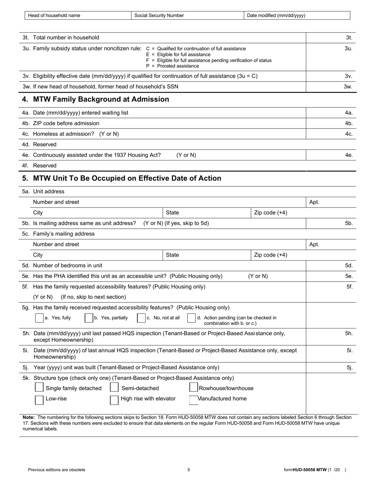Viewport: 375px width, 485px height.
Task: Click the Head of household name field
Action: [78, 15]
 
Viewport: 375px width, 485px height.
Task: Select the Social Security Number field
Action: [187, 15]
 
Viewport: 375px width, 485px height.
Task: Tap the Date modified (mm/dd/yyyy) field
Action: [297, 15]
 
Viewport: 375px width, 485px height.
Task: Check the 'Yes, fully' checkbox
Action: [39, 318]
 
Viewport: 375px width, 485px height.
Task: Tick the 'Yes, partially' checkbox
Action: [89, 318]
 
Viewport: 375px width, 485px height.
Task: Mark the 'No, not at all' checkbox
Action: [141, 318]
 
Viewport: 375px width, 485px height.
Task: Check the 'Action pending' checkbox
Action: [191, 318]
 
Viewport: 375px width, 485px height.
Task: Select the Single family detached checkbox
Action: [39, 388]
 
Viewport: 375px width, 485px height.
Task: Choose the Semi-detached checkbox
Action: [114, 388]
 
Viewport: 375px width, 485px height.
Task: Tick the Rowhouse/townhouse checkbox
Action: [194, 388]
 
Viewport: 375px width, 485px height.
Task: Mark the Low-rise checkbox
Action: [39, 400]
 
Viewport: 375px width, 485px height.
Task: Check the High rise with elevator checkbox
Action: [114, 400]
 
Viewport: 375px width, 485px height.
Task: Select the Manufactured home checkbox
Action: [194, 400]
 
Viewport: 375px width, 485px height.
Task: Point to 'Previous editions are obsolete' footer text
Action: [56, 470]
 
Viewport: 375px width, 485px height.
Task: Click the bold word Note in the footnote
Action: [29, 417]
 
